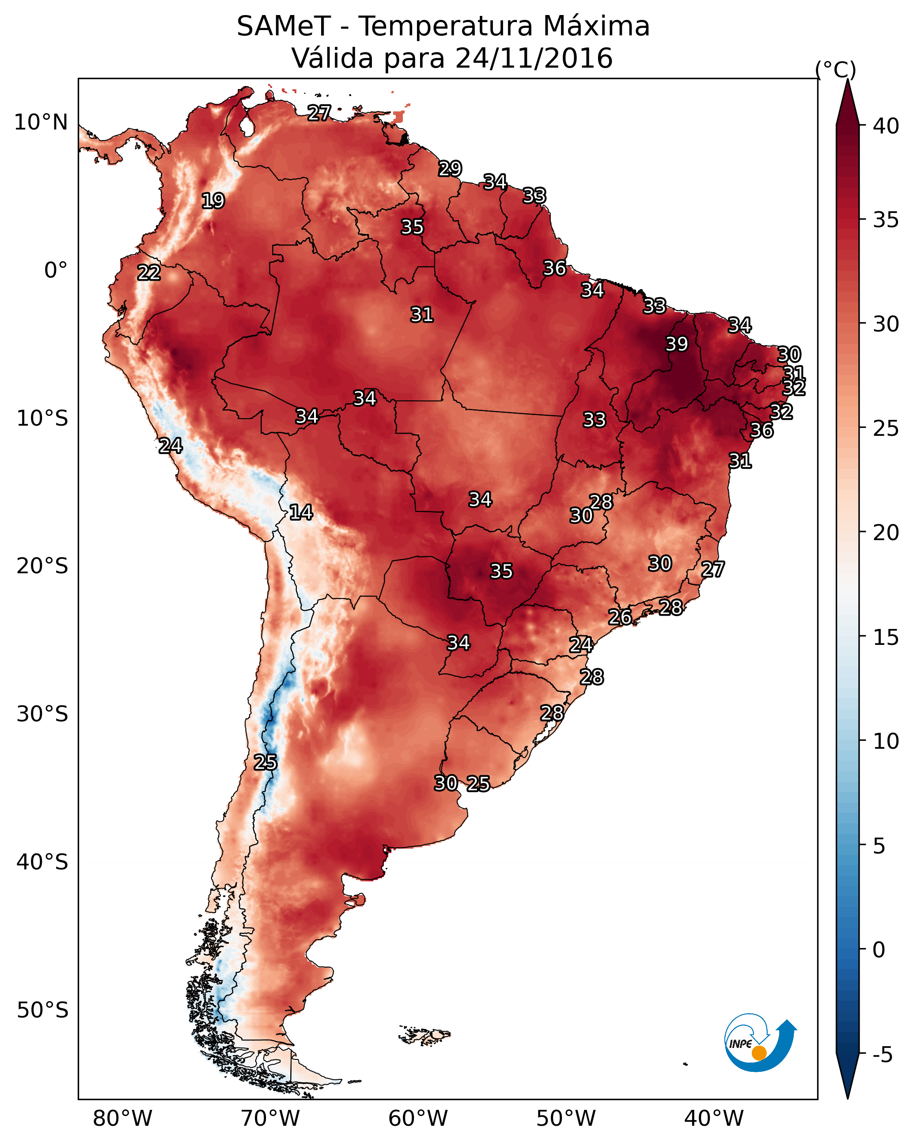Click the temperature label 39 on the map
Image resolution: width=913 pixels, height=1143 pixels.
(677, 344)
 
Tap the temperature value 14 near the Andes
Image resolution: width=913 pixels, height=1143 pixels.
(301, 512)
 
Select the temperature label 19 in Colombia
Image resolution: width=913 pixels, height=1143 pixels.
(213, 201)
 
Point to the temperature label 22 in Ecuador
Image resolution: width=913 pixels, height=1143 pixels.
(149, 273)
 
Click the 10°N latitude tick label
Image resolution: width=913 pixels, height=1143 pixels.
(41, 122)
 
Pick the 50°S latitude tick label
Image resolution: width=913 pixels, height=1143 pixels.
(42, 1010)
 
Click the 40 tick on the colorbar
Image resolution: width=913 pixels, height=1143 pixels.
(886, 126)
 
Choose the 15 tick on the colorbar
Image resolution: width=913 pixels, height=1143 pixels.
(886, 637)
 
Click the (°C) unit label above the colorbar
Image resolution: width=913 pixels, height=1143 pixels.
(835, 70)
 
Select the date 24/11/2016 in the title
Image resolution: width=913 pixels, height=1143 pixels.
(534, 58)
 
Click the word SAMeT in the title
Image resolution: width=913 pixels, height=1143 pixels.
(284, 27)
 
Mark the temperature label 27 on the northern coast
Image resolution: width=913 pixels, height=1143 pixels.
(319, 112)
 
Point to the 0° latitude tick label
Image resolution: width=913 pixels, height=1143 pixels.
(56, 271)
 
